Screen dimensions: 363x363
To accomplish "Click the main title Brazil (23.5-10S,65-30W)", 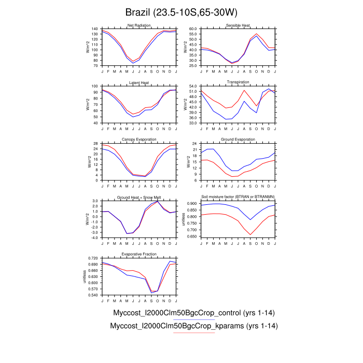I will tap(181, 11).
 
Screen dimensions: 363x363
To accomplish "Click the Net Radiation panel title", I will tap(138, 26).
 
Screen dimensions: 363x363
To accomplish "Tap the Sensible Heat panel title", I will tap(238, 26).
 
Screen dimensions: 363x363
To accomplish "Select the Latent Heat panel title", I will tap(138, 83).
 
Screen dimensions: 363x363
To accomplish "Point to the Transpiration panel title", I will tap(238, 82).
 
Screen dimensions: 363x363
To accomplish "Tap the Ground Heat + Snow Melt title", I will tap(138, 197).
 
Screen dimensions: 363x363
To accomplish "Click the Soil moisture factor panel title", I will tap(238, 197).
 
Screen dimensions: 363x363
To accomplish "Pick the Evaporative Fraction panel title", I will tap(138, 254).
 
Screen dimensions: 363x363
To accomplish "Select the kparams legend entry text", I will tap(194, 326).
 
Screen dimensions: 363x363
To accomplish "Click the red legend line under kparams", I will tap(193, 333).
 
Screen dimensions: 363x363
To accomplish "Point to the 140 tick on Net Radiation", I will tap(95, 29).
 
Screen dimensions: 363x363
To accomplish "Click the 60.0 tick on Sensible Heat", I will tap(194, 29).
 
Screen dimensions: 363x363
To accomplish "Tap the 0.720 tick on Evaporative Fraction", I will tap(94, 258).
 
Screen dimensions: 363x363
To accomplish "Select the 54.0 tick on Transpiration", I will tap(194, 86).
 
